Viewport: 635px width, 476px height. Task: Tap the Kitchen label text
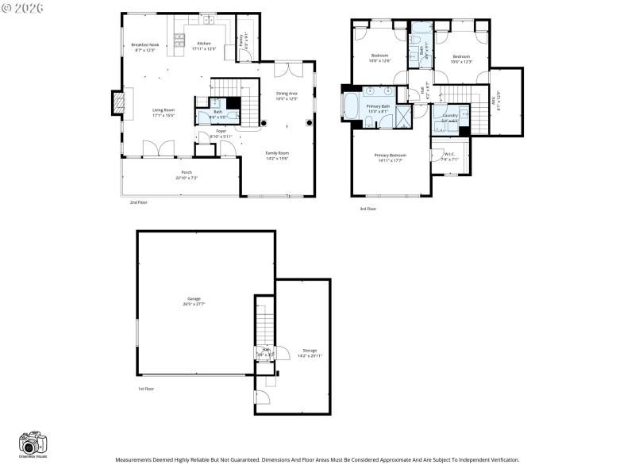coord(204,43)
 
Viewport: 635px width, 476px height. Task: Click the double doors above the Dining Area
coord(287,70)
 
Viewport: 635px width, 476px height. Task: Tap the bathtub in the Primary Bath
coord(351,106)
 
